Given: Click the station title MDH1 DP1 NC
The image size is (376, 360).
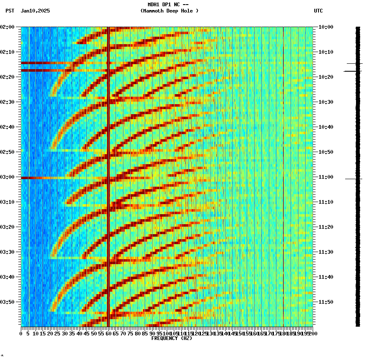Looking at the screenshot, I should click(165, 5).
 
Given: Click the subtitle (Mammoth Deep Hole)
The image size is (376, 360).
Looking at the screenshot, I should click(169, 11).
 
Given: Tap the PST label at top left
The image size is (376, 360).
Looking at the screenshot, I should click(10, 11).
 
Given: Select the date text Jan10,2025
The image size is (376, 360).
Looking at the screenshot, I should click(35, 11).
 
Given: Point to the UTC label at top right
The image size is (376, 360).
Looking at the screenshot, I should click(318, 11).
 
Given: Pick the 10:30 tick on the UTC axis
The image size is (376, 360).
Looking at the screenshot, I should click(326, 102).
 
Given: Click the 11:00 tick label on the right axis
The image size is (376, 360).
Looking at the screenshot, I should click(326, 177).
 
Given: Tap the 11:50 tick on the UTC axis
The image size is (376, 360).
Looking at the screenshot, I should click(326, 302).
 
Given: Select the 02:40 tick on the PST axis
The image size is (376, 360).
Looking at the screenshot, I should click(8, 127).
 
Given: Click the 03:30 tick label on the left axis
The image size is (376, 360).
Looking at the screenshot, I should click(8, 252).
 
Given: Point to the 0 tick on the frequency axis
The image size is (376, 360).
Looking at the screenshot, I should click(21, 333).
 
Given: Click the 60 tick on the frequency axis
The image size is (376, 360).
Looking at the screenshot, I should click(108, 333).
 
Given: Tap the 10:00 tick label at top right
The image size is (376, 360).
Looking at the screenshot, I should click(326, 27).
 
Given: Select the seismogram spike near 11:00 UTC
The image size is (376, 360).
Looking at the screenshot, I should click(353, 179).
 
